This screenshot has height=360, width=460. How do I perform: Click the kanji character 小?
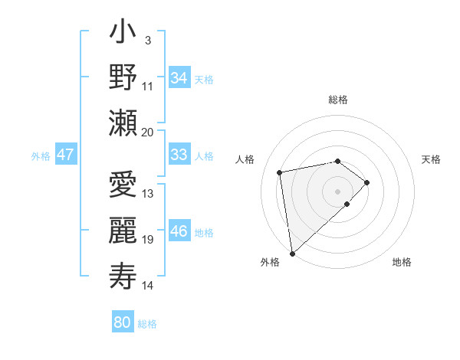click(123, 34)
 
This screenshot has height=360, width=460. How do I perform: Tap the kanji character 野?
click(123, 79)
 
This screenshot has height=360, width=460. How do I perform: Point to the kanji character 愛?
click(123, 187)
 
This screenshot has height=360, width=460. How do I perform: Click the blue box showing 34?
click(179, 78)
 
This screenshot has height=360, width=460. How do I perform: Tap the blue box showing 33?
click(179, 155)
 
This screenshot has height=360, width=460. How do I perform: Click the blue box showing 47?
click(65, 155)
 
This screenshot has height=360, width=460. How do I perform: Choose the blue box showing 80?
click(122, 322)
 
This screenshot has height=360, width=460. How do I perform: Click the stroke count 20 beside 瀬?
click(148, 132)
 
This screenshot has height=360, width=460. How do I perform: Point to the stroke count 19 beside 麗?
click(148, 240)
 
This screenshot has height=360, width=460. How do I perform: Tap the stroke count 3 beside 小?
click(147, 39)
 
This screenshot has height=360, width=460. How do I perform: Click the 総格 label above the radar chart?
click(338, 100)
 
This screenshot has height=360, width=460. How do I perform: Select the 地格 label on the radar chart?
click(402, 262)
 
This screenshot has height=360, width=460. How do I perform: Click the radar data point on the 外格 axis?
click(292, 253)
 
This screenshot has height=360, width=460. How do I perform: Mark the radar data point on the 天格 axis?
click(367, 182)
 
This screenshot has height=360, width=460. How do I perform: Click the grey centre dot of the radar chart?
click(337, 190)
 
